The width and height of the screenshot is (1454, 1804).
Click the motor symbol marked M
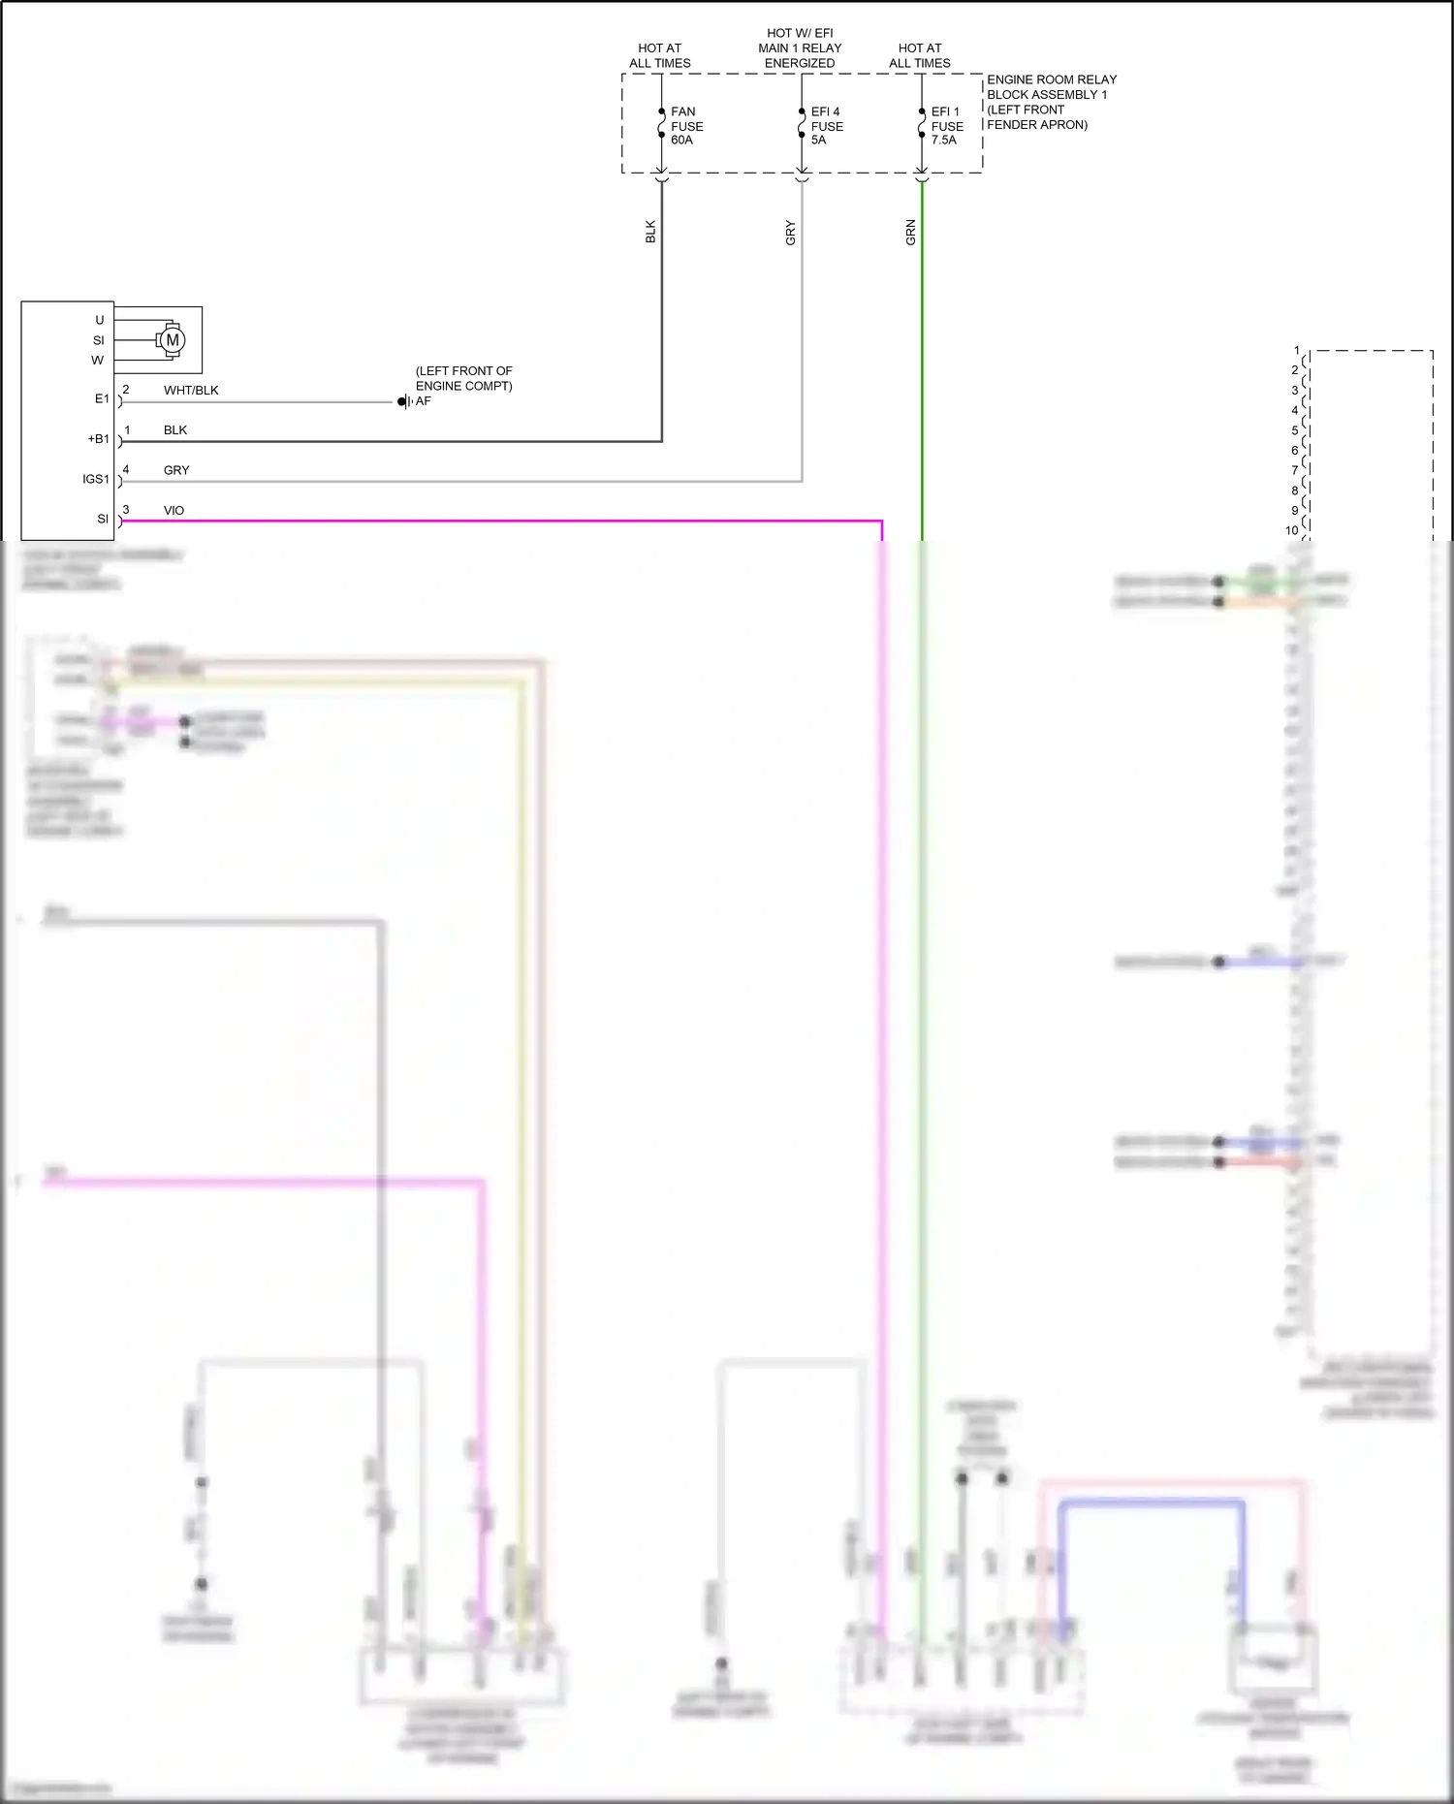coord(173,340)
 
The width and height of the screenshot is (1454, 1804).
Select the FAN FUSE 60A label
coord(686,126)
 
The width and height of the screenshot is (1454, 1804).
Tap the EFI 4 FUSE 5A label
coord(826,126)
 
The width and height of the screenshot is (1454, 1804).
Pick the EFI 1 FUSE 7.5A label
coord(946,126)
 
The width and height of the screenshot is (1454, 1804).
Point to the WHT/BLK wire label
coord(191,391)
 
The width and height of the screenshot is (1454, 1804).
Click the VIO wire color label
coord(174,511)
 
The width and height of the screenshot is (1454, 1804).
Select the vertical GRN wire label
coord(910,233)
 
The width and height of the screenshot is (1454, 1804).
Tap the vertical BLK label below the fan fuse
coord(650,232)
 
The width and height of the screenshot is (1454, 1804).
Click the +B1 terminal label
coord(99,439)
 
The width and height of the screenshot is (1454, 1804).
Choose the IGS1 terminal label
coord(96,479)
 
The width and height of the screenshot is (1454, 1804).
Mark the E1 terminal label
coord(102,398)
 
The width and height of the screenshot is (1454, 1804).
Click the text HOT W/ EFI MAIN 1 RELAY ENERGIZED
coord(800,48)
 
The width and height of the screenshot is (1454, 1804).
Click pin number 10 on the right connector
coord(1291,530)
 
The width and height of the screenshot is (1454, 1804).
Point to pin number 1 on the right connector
coord(1296,351)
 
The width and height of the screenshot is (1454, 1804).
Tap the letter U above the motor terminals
coord(99,320)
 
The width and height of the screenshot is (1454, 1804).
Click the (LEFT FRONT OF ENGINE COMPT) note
coord(463,378)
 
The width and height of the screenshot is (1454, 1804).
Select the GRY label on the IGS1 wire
coord(176,470)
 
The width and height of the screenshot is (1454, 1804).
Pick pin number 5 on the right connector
coord(1294,430)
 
